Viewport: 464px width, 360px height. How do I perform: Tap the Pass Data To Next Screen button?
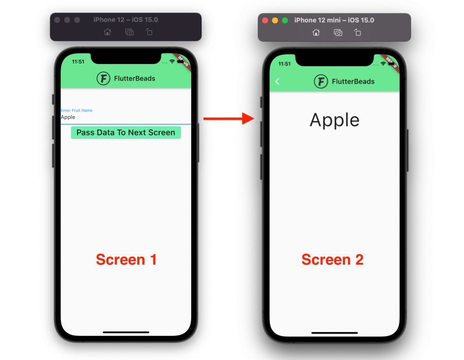point(126,132)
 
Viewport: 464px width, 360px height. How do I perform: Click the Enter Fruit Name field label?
point(77,110)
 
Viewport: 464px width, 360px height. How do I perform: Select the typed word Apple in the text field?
point(68,117)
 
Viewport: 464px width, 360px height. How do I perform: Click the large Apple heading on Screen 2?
point(334,120)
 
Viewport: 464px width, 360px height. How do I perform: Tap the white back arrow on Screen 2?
point(277,81)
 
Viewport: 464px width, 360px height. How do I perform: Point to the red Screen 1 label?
point(126,259)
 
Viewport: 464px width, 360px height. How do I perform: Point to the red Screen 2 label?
point(332,259)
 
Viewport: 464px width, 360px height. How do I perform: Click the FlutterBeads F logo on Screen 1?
point(103,78)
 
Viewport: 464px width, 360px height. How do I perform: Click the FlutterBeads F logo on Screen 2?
point(321,82)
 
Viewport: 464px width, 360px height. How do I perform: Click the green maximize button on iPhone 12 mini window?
point(285,20)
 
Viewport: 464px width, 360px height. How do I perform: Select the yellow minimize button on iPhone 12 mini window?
point(275,20)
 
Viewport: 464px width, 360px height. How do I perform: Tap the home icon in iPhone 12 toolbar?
point(107,32)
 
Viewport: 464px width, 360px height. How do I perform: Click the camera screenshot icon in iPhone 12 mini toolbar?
point(338,32)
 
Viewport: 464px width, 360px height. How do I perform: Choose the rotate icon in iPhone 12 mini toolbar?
point(358,32)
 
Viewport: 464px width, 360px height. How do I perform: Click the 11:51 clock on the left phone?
point(78,62)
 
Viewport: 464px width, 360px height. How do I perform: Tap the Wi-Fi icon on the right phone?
point(383,64)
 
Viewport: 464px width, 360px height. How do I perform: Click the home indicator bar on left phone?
point(126,332)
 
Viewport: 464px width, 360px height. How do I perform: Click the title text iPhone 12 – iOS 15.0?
point(126,20)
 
